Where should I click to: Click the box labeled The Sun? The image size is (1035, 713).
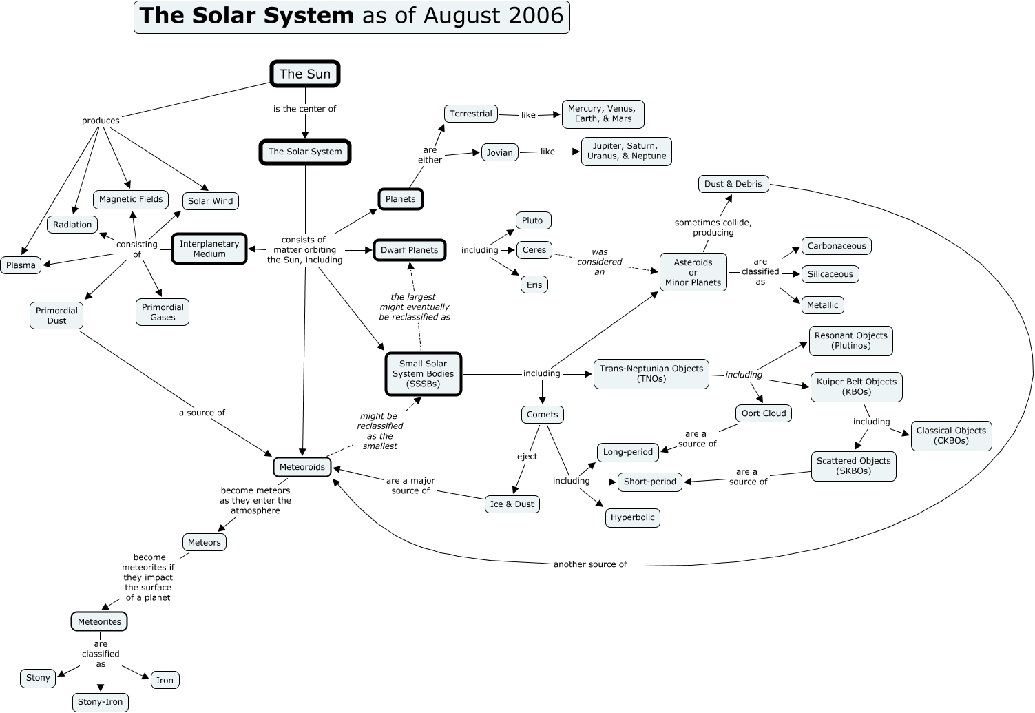click(305, 74)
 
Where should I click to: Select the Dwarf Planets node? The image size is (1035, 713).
click(409, 250)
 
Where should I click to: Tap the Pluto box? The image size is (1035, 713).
click(533, 220)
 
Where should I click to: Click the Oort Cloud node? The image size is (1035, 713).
click(764, 413)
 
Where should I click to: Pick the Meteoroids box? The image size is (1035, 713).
click(302, 467)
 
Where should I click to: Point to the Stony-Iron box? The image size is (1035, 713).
click(101, 702)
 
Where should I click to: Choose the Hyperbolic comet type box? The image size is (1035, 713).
click(633, 517)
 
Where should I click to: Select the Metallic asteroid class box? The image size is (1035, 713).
click(822, 305)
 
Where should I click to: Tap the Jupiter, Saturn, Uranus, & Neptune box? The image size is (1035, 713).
click(627, 151)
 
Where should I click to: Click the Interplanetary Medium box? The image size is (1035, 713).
click(209, 249)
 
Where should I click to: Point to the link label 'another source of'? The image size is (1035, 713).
click(590, 564)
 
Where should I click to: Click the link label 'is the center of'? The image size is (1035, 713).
click(304, 109)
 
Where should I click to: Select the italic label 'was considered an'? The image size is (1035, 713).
click(600, 262)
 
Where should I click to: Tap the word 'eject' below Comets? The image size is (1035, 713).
click(527, 456)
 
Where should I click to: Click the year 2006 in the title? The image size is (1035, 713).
click(536, 15)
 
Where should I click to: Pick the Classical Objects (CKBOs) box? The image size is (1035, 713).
click(951, 435)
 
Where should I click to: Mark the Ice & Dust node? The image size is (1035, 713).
click(512, 504)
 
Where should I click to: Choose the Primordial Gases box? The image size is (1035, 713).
click(163, 312)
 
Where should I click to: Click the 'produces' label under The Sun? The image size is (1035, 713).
click(101, 121)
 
